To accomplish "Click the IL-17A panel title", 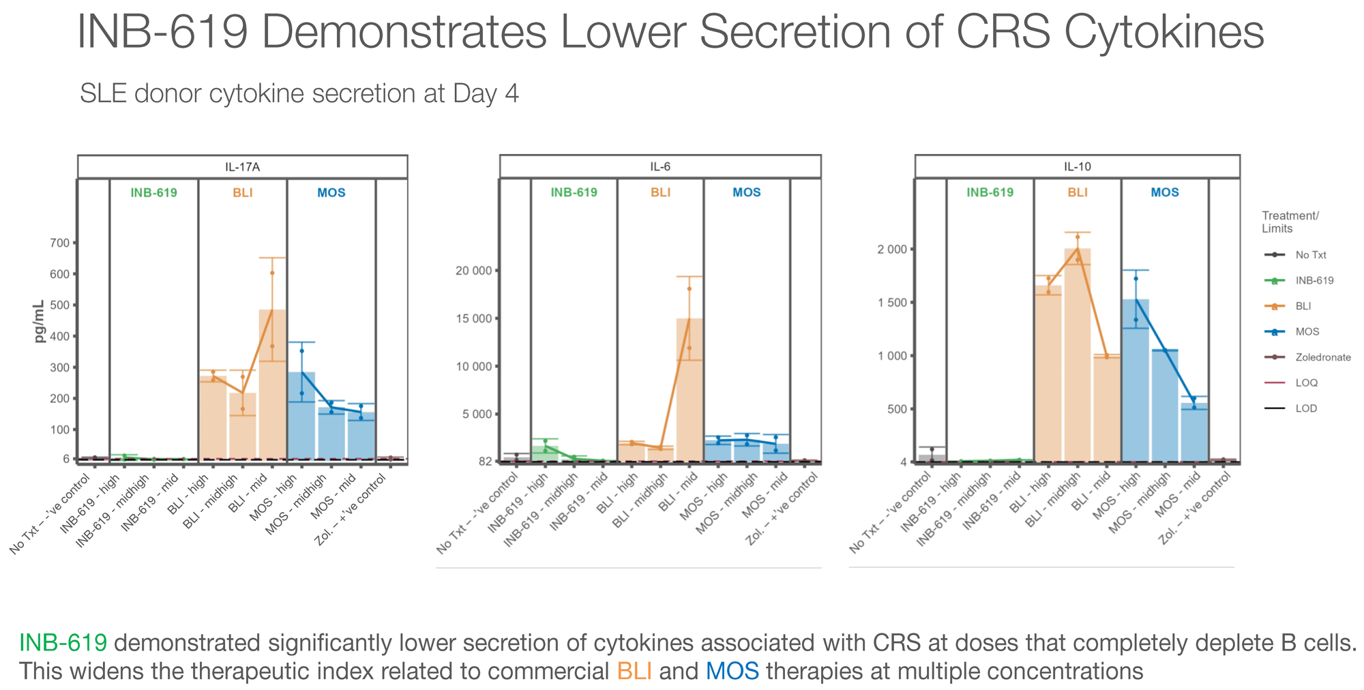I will click(x=242, y=166).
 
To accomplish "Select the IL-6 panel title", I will click(x=659, y=166).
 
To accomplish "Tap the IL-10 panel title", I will click(x=1077, y=166).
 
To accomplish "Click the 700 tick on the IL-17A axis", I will click(x=59, y=243).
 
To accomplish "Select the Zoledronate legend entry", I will click(x=1323, y=357).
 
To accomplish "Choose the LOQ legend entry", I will click(x=1307, y=383).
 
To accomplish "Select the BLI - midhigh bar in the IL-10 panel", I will click(x=1077, y=355).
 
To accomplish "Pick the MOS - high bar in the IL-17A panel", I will click(x=301, y=416).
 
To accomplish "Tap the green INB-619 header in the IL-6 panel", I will click(x=574, y=192).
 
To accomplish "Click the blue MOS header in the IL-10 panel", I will click(x=1164, y=192).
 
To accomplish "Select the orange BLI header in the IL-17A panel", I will click(x=242, y=192).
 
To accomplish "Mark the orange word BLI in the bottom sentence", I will click(x=634, y=672).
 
